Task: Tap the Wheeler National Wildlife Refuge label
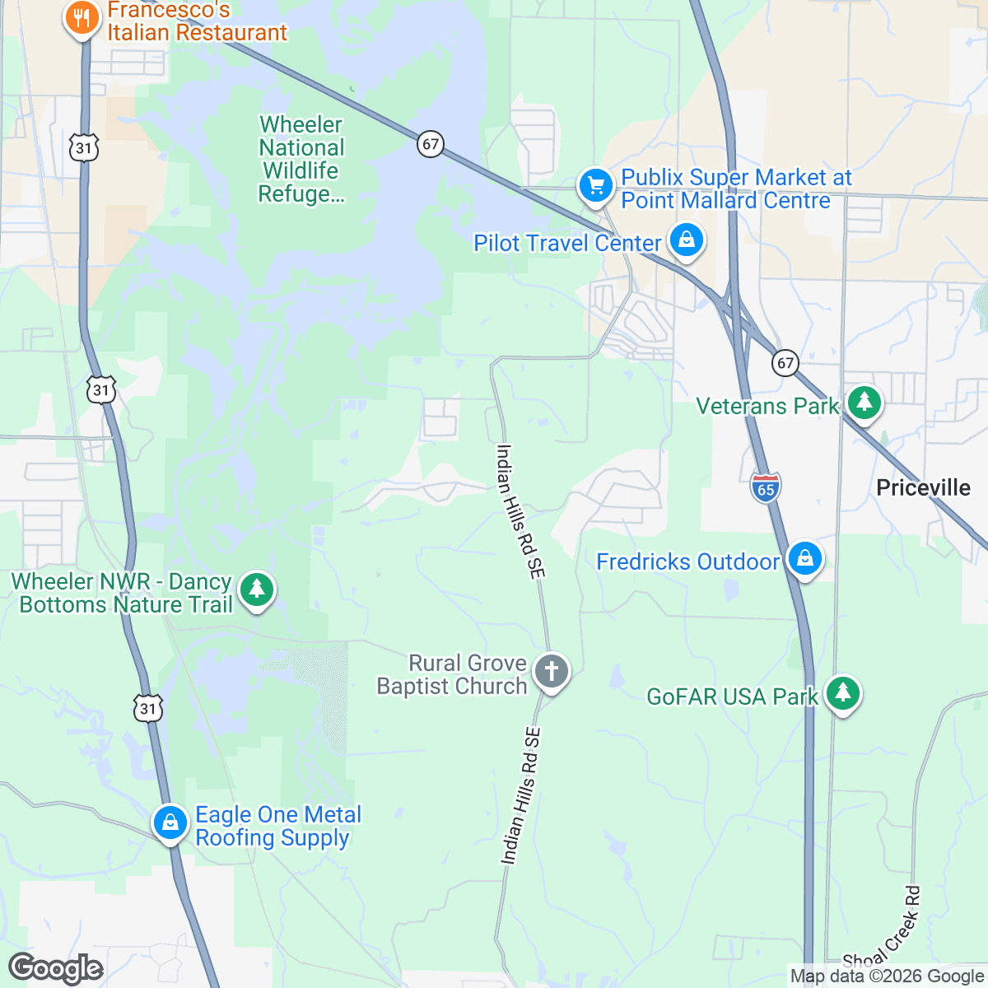tap(301, 160)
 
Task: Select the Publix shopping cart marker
tap(595, 185)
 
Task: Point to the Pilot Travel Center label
tap(567, 244)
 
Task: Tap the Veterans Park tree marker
tap(864, 403)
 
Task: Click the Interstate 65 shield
tap(766, 487)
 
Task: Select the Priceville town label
tap(923, 488)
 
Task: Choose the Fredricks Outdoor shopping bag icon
tap(804, 559)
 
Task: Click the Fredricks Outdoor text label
tap(687, 562)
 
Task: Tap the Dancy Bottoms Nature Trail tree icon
tap(257, 590)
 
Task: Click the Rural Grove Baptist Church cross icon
tap(552, 672)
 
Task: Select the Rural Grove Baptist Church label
tap(452, 674)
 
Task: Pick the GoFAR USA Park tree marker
tap(841, 693)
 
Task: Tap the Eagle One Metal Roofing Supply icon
tap(170, 823)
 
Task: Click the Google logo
tap(55, 969)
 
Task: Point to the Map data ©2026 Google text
tap(887, 976)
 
